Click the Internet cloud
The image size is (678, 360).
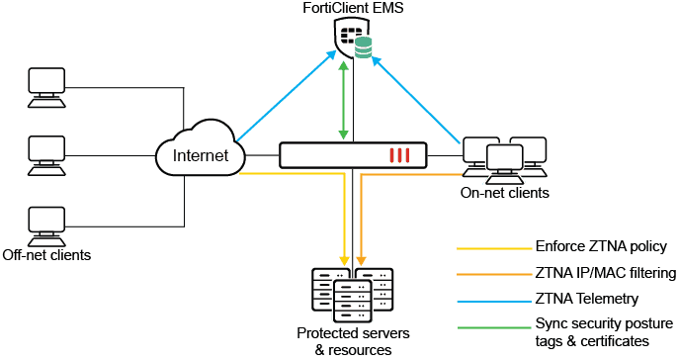point(201,155)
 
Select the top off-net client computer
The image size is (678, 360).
point(44,87)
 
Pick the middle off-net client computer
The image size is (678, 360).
point(44,154)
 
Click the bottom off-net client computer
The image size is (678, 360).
point(44,224)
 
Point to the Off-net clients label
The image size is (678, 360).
point(46,255)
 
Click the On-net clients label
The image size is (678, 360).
point(503,194)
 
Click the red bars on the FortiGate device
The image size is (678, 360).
point(398,155)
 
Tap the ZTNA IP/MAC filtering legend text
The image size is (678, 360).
point(598,272)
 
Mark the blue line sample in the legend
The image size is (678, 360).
point(491,298)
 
